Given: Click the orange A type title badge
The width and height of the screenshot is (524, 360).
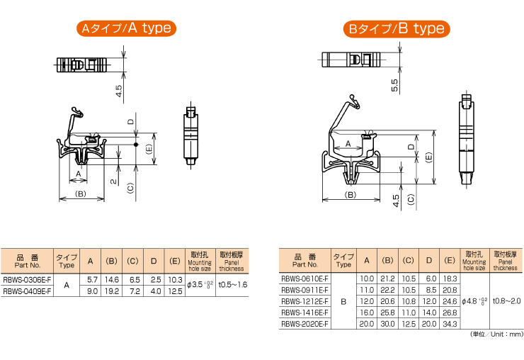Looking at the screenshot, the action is click(126, 28).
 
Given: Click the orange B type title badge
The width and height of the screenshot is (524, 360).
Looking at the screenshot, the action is click(397, 29).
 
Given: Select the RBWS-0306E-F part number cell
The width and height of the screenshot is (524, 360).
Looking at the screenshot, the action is click(27, 280).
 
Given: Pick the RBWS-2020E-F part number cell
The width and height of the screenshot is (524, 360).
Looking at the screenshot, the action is click(304, 324).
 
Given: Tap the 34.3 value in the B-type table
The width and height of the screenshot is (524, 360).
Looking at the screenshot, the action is click(450, 324).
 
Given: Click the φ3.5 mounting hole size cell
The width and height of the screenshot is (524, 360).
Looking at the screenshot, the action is click(200, 285).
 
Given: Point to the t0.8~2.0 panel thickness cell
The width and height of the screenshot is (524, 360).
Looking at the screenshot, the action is click(506, 300).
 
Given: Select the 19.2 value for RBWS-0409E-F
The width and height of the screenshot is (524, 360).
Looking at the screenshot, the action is click(112, 291).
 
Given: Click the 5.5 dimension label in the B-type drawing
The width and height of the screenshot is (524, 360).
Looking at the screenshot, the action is click(394, 85).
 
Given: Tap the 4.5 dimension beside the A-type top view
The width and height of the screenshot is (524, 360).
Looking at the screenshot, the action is click(119, 91).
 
